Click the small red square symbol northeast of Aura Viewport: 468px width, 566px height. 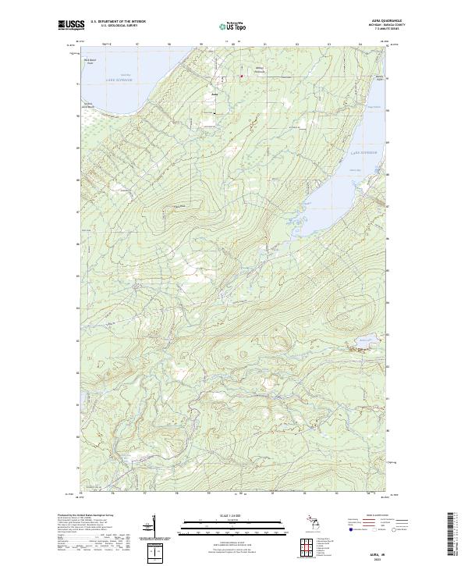[x=219, y=77]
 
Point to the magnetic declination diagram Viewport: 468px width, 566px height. [x=155, y=527]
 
